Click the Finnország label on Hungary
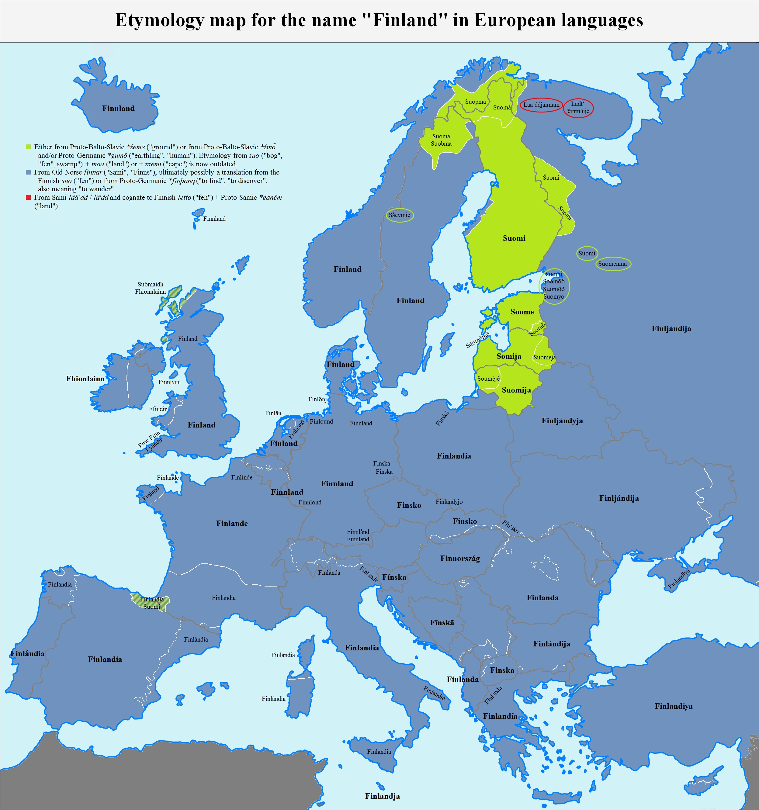(460, 559)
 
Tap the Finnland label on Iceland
(118, 108)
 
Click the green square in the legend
(28, 147)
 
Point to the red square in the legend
(28, 198)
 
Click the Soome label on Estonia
(522, 312)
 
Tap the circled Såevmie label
(399, 215)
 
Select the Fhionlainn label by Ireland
(85, 379)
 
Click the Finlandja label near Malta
(382, 796)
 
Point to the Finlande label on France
(232, 524)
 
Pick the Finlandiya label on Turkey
(674, 706)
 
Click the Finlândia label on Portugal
(27, 653)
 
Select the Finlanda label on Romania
(542, 598)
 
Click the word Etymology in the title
(159, 20)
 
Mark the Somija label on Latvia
(508, 357)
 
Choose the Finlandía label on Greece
(500, 716)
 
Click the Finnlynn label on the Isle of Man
(169, 382)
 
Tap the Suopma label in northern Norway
(476, 102)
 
